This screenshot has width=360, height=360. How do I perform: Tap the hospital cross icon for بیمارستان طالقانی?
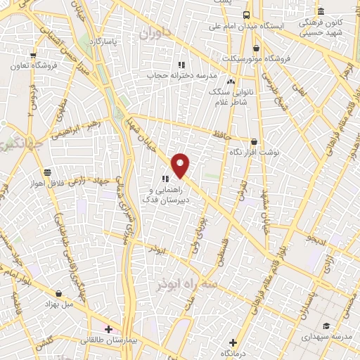point(108,328)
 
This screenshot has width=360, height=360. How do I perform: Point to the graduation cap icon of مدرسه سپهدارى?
point(326,326)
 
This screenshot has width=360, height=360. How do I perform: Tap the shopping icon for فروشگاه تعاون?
point(33,55)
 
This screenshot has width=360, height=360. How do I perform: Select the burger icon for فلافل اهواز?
point(47,172)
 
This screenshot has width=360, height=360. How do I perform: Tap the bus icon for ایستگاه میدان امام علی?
point(246,15)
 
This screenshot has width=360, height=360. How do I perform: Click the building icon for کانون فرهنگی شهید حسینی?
point(321,11)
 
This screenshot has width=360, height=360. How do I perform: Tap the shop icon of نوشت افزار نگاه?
point(254,141)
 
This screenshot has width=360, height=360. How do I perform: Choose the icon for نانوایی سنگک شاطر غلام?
point(231,81)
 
